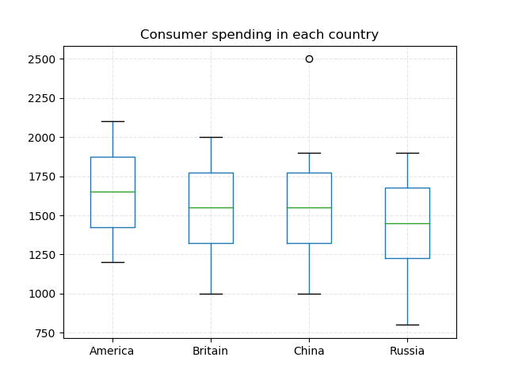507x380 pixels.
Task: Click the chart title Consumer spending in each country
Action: coord(259,35)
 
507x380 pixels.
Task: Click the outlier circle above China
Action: coord(309,59)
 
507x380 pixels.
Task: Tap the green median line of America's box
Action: coord(112,192)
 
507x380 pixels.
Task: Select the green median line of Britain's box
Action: coord(211,207)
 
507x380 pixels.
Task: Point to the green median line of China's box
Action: coord(309,207)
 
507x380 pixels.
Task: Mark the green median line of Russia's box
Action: coord(407,223)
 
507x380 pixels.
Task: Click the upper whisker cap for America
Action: coord(112,121)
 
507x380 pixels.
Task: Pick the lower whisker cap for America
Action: coord(112,262)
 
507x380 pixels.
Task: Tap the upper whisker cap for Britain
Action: coord(211,137)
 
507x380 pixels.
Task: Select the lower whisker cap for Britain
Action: coord(211,294)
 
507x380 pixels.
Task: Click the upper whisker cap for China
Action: coord(309,153)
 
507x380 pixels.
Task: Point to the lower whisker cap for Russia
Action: coord(407,325)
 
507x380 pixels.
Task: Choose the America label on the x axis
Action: coord(112,351)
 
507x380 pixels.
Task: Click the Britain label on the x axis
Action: coord(211,351)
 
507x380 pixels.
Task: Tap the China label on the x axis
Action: coord(309,351)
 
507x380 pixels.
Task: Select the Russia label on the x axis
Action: coord(407,351)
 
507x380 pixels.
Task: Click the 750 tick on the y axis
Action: coord(46,332)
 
